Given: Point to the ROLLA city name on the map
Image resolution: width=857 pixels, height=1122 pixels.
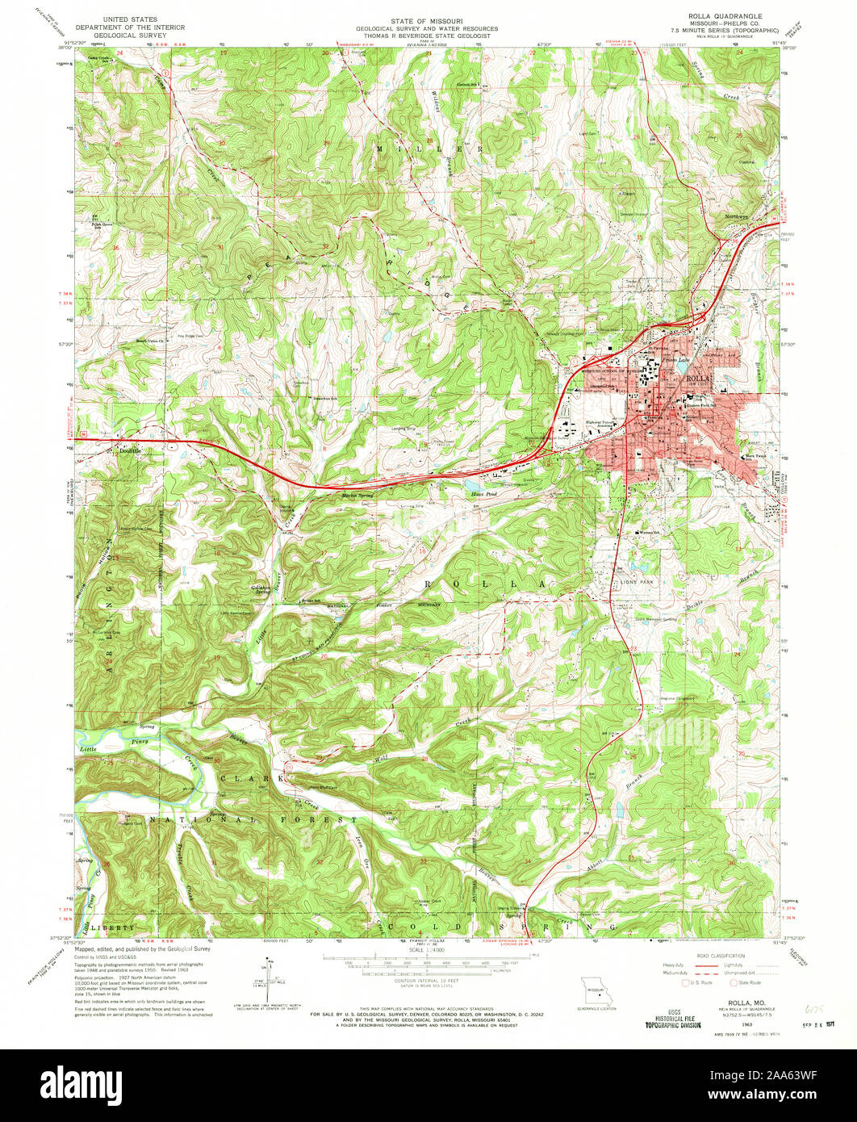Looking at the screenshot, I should coord(699,379).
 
